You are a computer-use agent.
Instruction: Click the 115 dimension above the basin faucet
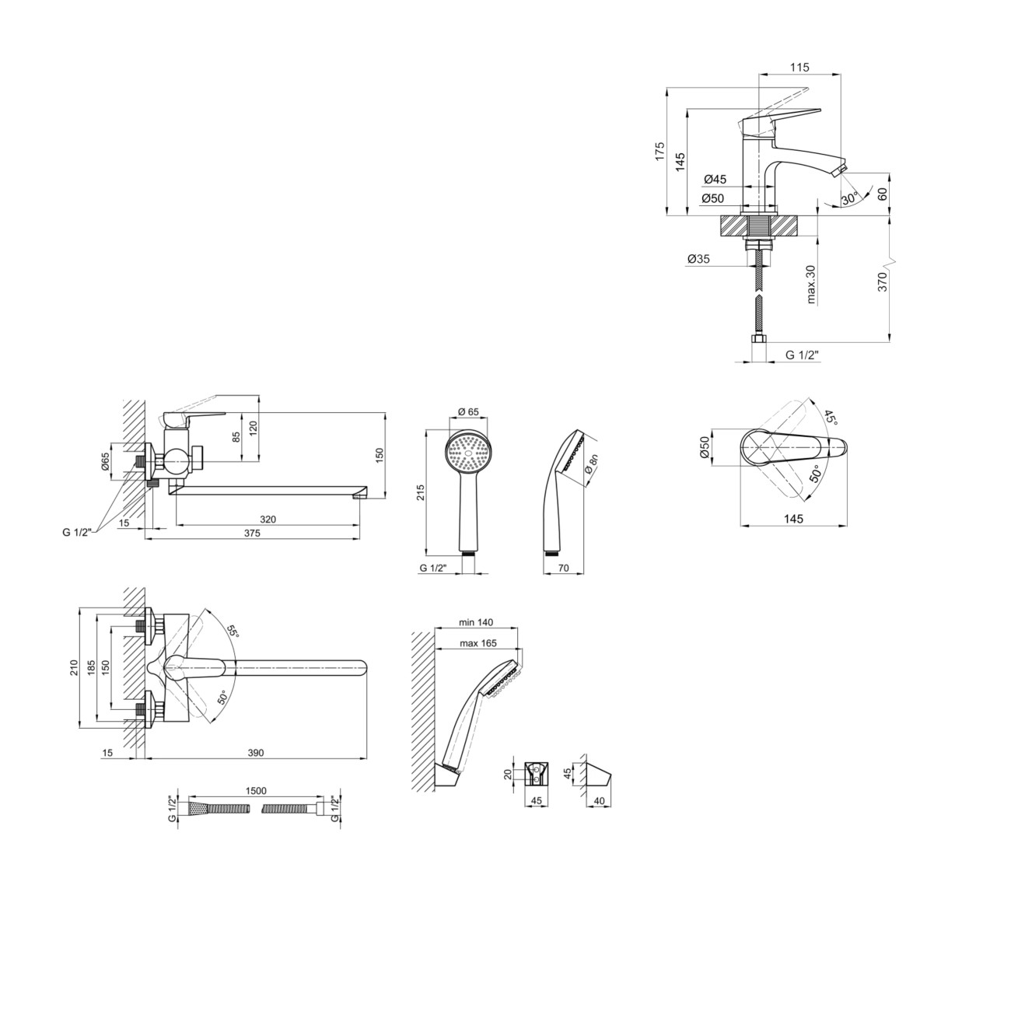click(799, 67)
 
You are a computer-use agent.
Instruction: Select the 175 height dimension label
click(660, 151)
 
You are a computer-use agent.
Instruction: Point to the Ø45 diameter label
click(715, 180)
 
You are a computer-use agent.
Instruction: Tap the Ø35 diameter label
click(698, 259)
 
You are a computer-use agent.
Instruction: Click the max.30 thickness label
click(811, 285)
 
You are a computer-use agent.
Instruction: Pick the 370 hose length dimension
click(882, 282)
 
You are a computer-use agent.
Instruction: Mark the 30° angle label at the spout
click(851, 199)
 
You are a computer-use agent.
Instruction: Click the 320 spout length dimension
click(268, 519)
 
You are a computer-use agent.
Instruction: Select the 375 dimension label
click(252, 533)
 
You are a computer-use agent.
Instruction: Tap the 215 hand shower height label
click(420, 492)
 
